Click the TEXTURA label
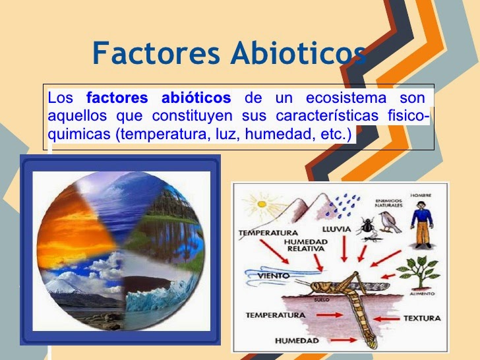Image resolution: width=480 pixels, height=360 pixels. (x=421, y=318)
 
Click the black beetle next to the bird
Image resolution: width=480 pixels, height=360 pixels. (x=366, y=227)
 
